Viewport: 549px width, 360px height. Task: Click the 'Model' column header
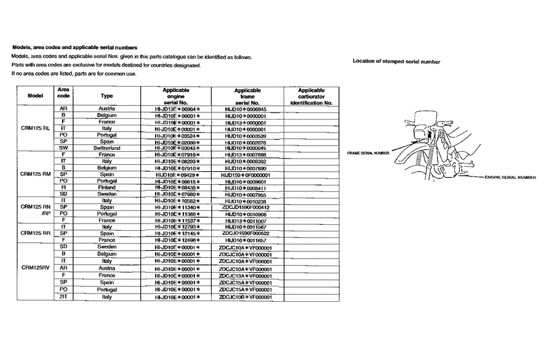coord(36,96)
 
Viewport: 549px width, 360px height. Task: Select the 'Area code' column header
coord(64,96)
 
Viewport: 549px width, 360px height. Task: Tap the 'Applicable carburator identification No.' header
coord(311,96)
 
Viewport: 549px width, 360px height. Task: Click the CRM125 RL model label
coord(36,128)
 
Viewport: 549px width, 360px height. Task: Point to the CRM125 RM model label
coord(36,174)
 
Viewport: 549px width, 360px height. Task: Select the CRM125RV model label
coord(36,267)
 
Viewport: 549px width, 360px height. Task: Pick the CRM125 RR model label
coord(36,233)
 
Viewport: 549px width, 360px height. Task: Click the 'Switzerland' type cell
coord(107,148)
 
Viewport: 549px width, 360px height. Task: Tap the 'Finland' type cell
coord(107,187)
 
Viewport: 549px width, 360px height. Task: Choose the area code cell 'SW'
coord(64,148)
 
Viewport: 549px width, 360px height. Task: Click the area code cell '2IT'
coord(64,297)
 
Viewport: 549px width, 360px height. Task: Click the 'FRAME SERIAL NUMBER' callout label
coord(368,154)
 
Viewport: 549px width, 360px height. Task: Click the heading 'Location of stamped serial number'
coord(397,61)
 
